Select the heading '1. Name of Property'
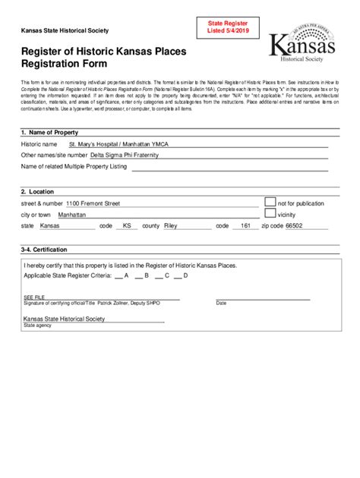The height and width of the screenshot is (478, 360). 50,132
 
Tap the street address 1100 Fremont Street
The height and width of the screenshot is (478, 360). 93,203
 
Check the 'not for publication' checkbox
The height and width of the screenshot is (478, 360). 270,202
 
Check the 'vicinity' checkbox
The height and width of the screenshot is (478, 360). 270,214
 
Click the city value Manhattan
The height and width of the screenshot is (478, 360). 72,215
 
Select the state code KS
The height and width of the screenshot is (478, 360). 127,226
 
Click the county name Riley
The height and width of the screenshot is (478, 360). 170,226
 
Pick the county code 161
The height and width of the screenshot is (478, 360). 245,226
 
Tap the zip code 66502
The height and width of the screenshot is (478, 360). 292,226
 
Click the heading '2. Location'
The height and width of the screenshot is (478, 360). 37,192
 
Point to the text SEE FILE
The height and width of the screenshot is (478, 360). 34,297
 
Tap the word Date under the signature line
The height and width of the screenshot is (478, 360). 221,303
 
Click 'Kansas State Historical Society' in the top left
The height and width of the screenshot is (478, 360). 64,30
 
